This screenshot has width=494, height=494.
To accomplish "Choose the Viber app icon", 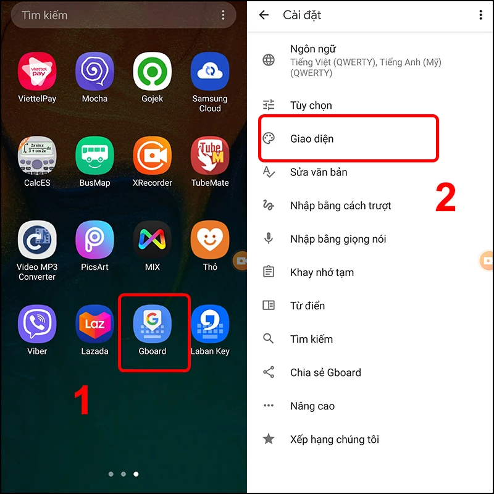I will [37, 324].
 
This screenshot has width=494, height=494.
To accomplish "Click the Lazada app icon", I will [94, 324].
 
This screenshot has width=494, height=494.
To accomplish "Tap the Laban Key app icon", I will [210, 324].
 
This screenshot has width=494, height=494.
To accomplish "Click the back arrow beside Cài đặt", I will [264, 15].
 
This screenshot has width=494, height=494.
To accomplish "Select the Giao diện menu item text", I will [312, 139].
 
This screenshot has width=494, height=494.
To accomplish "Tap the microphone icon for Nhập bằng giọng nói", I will [269, 238].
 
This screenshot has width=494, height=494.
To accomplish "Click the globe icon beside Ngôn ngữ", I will [269, 60].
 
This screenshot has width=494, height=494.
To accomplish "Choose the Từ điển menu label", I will [308, 306].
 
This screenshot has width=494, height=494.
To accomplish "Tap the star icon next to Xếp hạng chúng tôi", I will [269, 439].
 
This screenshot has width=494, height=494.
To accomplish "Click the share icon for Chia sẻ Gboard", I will [269, 372].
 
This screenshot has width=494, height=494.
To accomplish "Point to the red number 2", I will [446, 198].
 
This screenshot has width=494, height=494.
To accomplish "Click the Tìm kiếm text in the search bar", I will [44, 15].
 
